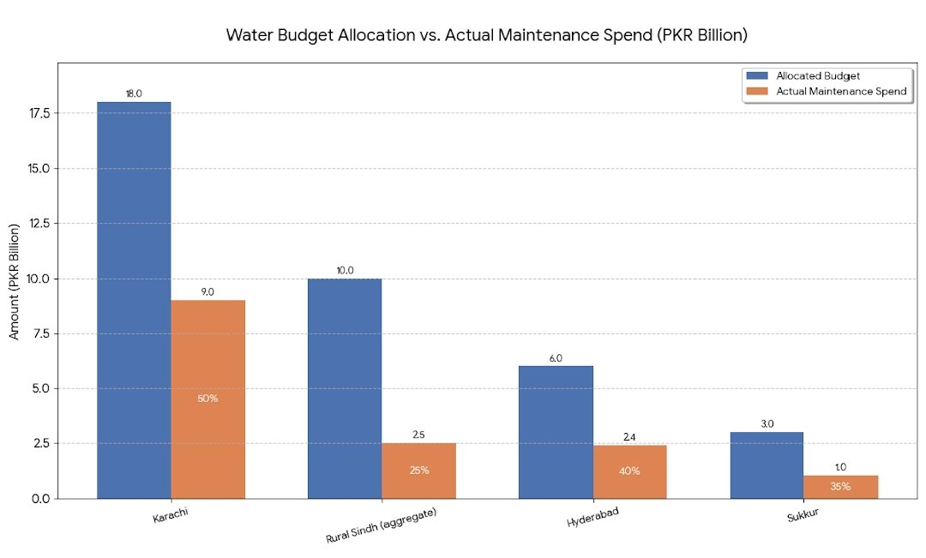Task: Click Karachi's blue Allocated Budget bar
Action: (134, 300)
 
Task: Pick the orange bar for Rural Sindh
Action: (418, 471)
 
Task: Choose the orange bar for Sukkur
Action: (840, 487)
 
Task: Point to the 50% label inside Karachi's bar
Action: (207, 399)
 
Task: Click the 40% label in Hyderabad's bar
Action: (629, 471)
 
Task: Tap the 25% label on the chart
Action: (418, 471)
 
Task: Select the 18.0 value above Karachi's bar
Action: (134, 93)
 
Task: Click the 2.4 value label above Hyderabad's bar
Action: (629, 437)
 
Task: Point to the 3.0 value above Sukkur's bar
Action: (767, 424)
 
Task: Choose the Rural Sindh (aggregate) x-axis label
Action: (382, 525)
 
